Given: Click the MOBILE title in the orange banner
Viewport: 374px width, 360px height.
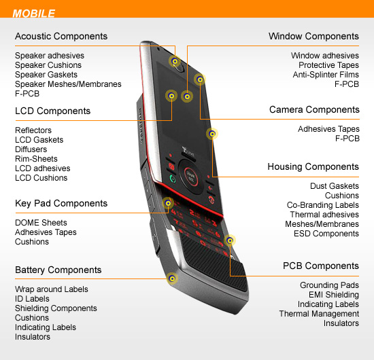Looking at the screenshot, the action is coord(33,14).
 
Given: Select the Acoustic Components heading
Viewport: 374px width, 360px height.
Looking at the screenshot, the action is coord(61,36).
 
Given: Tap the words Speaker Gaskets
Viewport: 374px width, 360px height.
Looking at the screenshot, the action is coord(46,75).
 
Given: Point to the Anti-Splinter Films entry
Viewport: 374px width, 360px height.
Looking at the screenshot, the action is coord(326,75).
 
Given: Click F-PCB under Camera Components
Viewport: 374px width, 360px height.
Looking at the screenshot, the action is coord(347,139).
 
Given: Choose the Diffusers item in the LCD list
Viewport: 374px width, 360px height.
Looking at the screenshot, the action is coord(31,149).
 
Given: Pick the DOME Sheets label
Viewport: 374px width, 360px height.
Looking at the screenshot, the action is coord(41,223).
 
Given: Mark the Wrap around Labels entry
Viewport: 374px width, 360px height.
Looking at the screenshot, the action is coord(52,289).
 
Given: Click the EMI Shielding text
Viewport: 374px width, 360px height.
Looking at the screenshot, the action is coord(334,295).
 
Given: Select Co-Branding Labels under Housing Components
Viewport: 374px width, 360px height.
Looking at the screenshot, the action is coord(323,205).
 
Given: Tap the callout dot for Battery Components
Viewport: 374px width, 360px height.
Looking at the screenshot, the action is coord(172,278).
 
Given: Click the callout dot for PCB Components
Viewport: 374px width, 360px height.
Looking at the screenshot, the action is coord(230,240).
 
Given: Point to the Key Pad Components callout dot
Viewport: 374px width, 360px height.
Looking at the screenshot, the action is coord(168,203).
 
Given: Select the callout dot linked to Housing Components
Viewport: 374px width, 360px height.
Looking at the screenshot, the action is coord(212,134).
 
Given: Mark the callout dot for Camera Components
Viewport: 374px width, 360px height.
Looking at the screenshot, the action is coord(200,79).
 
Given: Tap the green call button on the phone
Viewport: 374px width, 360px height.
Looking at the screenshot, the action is coord(173,179).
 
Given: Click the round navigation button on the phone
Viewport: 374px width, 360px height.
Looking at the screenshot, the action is coord(191,177).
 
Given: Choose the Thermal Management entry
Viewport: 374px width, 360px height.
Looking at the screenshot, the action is coord(319,314).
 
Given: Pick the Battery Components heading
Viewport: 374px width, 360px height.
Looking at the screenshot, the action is coord(58,270).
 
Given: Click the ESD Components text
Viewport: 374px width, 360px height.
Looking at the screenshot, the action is coord(326,234).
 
